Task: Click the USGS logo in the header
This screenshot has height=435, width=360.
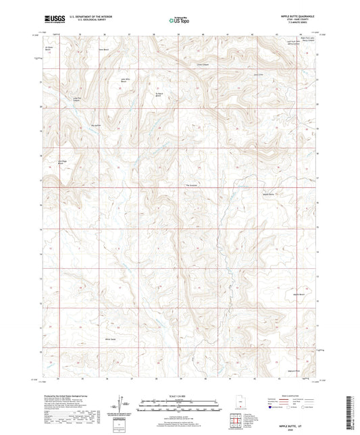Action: click(52, 20)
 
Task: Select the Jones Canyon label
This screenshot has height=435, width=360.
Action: click(201, 65)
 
